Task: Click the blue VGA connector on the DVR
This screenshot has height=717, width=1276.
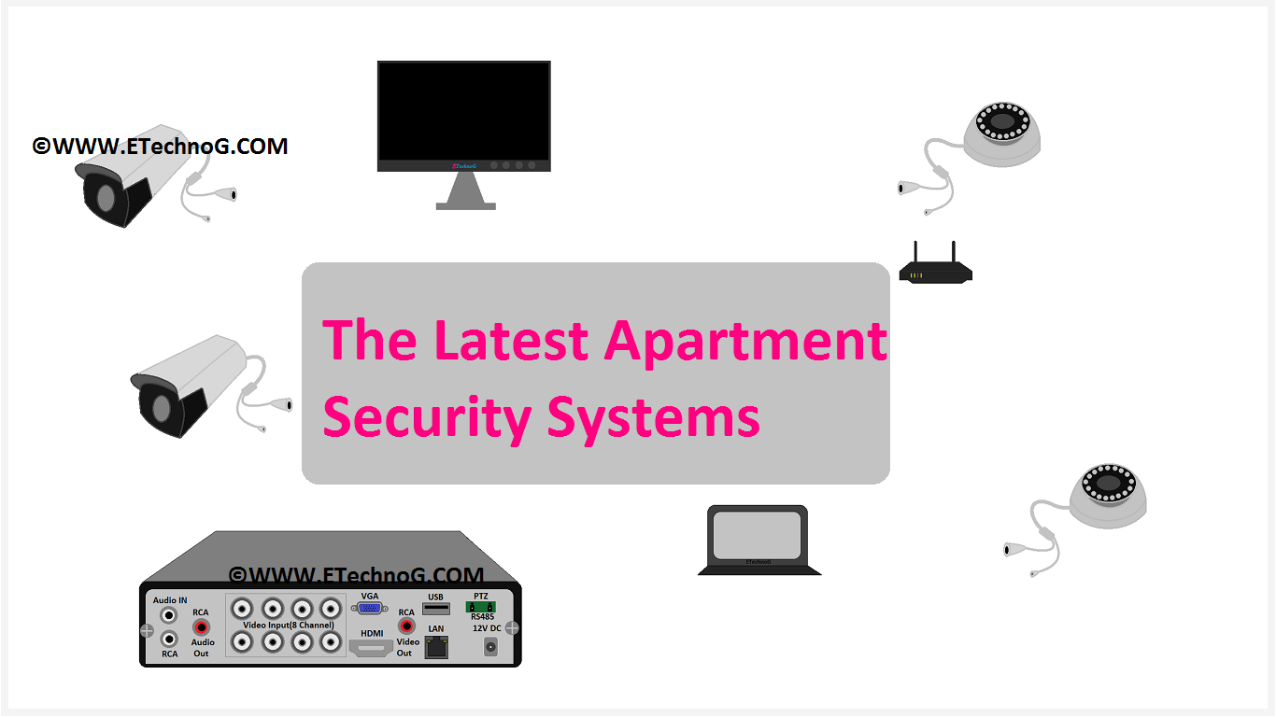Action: click(x=369, y=608)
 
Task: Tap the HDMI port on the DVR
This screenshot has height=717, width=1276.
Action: click(x=371, y=647)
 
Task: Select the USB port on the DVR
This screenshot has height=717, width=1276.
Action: click(x=435, y=609)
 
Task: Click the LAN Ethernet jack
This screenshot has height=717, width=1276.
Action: click(x=436, y=646)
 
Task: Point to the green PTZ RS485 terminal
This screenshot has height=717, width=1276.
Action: click(x=480, y=608)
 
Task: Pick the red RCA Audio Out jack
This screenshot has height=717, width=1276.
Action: click(x=201, y=627)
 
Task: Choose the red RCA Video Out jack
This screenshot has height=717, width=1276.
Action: click(x=406, y=626)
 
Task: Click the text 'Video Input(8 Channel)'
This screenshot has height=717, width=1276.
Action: click(x=288, y=626)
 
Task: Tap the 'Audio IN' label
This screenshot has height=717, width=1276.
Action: click(x=170, y=600)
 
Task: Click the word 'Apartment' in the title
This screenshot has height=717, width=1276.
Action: click(x=745, y=341)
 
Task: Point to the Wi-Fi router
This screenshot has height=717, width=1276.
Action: click(x=935, y=270)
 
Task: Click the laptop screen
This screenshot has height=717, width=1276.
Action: click(x=757, y=535)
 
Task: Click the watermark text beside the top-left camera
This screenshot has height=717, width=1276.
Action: click(x=160, y=147)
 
